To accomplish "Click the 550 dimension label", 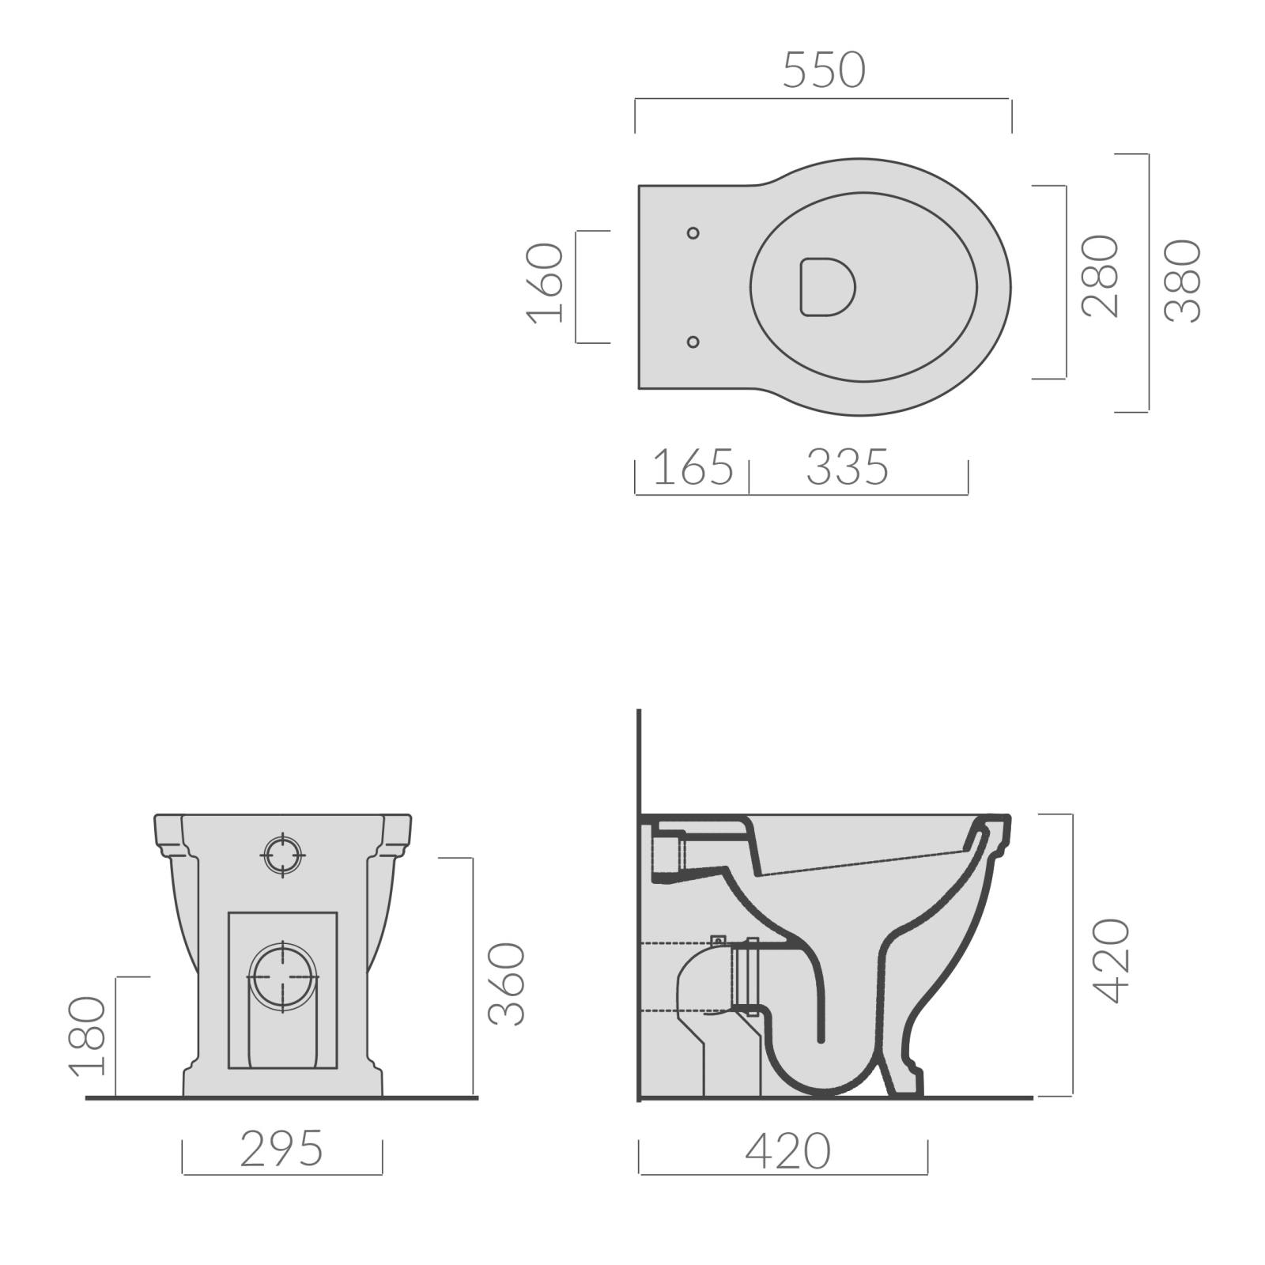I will click(x=824, y=70).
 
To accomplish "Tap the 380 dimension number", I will click(x=1184, y=281).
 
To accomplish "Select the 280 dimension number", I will click(x=1101, y=277).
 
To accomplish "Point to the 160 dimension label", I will click(x=546, y=283).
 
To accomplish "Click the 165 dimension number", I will click(x=693, y=467).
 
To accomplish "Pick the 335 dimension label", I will click(x=848, y=467).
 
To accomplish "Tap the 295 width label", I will click(x=281, y=1149).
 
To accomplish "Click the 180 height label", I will click(x=88, y=1036).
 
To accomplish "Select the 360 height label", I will click(x=507, y=984).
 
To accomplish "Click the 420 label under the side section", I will click(x=787, y=1151).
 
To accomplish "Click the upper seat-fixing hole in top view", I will click(x=693, y=232).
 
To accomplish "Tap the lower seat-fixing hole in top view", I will click(x=693, y=342).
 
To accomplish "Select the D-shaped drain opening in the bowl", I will click(x=826, y=286).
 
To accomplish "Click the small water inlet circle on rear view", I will click(x=283, y=855).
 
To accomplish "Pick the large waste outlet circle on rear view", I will click(x=283, y=977).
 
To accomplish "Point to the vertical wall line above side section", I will click(x=639, y=759).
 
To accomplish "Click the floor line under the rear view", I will click(x=281, y=1098).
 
